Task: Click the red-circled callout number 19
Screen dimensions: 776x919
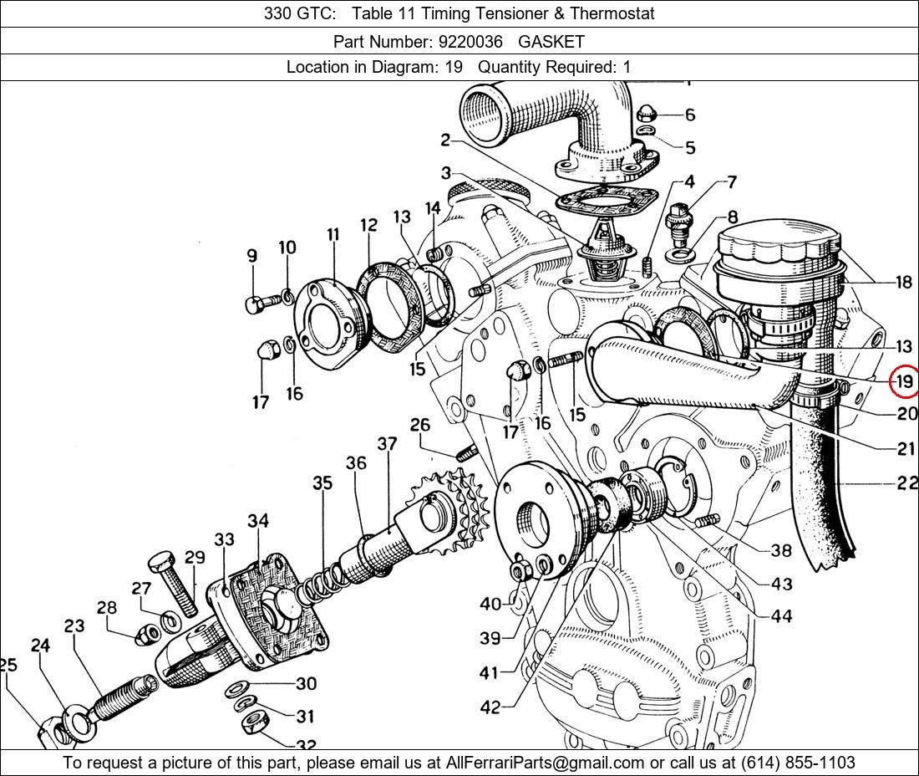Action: (x=904, y=381)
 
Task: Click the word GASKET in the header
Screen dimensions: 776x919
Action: (x=551, y=41)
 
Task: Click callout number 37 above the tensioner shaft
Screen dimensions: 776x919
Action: (x=387, y=443)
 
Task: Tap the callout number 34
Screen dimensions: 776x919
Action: (x=258, y=521)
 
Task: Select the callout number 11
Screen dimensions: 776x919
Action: (x=333, y=235)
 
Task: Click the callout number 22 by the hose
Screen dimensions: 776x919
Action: (x=906, y=482)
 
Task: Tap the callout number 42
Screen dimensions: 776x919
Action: (x=490, y=707)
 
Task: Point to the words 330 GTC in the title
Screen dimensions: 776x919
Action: (x=301, y=13)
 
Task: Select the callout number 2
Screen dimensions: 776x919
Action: (x=446, y=140)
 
